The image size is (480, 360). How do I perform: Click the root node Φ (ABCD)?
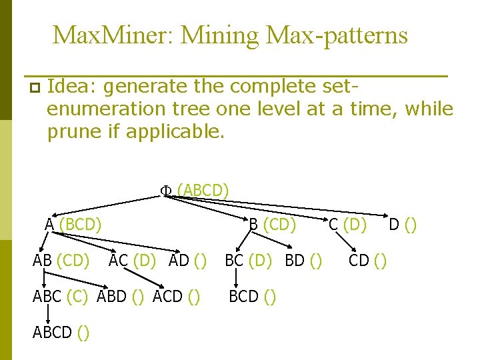coord(194,191)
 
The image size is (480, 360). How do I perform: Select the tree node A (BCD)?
coord(73,225)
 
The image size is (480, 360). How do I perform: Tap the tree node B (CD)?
coord(272,225)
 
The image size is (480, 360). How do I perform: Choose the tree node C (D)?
coord(347,225)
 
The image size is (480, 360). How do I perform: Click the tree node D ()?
coord(403,225)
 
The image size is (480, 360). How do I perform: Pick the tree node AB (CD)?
coord(61,259)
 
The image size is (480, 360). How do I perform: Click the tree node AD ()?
coord(187,259)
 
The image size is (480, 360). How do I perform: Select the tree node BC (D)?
coord(251,259)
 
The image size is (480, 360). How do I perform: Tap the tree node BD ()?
coord(304,259)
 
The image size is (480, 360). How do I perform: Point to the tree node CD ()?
coord(367,259)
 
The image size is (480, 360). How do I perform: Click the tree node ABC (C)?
coord(60,296)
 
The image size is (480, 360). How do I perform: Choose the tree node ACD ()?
coord(177,296)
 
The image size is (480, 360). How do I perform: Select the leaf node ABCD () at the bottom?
coord(62,332)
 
